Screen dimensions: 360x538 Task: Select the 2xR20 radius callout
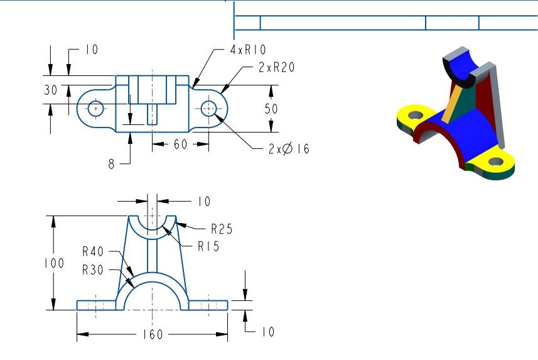pyautogui.click(x=276, y=68)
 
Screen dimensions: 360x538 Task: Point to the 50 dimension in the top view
pyautogui.click(x=271, y=109)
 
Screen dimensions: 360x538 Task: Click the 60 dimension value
pyautogui.click(x=181, y=145)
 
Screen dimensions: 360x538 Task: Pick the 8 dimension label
pyautogui.click(x=112, y=164)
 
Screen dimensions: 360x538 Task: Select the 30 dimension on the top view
pyautogui.click(x=50, y=90)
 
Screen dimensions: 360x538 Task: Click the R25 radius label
pyautogui.click(x=222, y=229)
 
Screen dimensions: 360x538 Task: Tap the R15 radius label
pyautogui.click(x=208, y=247)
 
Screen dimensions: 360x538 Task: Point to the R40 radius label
pyautogui.click(x=94, y=252)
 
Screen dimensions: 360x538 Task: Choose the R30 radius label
pyautogui.click(x=94, y=271)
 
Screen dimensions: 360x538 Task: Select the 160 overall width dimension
pyautogui.click(x=151, y=334)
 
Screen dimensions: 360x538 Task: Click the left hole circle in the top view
pyautogui.click(x=95, y=109)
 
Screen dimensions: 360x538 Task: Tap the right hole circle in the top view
pyautogui.click(x=209, y=109)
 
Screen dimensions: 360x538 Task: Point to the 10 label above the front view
pyautogui.click(x=203, y=202)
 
